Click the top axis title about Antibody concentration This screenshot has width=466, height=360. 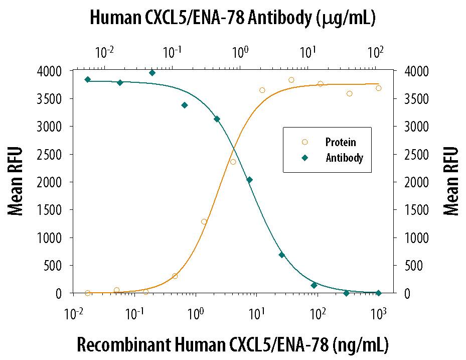click(x=233, y=19)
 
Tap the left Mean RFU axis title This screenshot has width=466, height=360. click(x=16, y=181)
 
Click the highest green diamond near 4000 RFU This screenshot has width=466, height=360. click(x=152, y=73)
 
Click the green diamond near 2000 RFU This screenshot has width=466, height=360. click(x=249, y=180)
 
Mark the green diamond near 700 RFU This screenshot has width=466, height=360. click(x=282, y=255)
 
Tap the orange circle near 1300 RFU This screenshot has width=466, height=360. click(x=204, y=221)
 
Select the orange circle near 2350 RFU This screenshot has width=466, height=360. click(x=233, y=162)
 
